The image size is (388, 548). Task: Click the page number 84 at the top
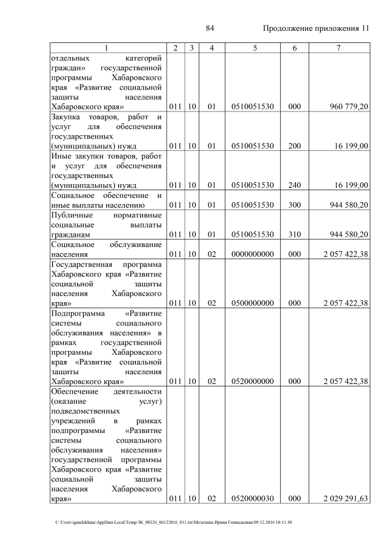210,28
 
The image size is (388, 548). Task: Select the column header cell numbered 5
253,48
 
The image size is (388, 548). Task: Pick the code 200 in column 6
295,145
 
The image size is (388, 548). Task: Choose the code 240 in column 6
295,185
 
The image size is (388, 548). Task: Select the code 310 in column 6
295,234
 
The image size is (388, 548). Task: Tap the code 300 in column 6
295,205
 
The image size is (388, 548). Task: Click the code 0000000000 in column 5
253,254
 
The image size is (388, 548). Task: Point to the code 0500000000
253,303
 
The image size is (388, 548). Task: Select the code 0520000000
253,381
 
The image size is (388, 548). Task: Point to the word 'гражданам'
71,234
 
